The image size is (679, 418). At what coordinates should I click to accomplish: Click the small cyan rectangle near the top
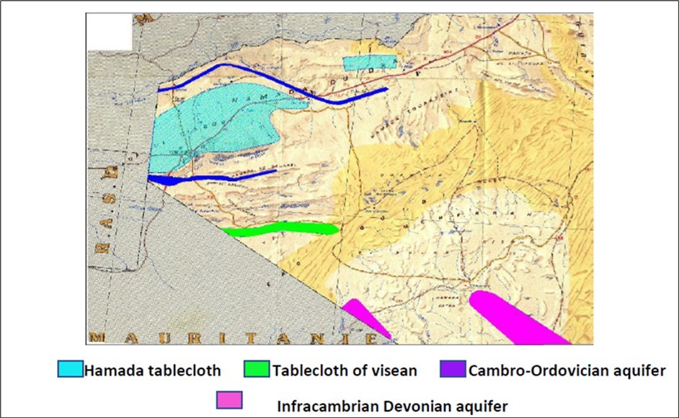[370, 63]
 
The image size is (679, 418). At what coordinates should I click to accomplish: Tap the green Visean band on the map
[281, 229]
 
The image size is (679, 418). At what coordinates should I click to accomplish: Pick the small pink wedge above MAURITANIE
[366, 318]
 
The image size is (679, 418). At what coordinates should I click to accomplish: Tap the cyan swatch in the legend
[71, 370]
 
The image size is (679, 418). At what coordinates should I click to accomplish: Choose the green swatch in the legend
[258, 370]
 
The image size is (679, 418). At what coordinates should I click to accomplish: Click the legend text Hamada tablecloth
[152, 371]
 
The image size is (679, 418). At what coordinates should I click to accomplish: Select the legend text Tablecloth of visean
[345, 371]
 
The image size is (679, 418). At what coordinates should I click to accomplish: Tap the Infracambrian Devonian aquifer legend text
[393, 406]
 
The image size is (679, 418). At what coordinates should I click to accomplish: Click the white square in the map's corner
[110, 31]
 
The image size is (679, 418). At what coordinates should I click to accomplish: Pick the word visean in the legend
[394, 371]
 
